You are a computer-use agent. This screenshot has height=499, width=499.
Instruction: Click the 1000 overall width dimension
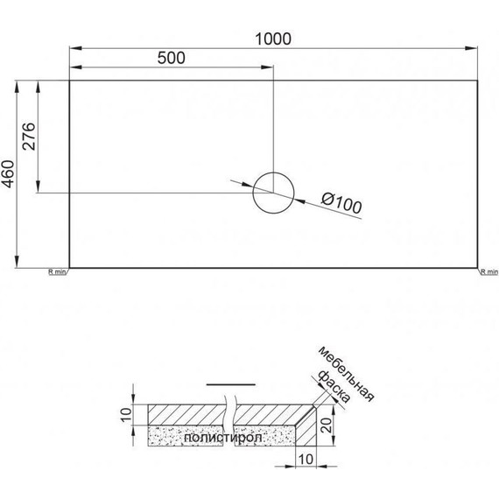pos(272,39)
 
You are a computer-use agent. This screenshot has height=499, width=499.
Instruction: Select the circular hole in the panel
pos(272,193)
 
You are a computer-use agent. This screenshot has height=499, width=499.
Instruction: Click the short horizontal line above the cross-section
pos(230,384)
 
